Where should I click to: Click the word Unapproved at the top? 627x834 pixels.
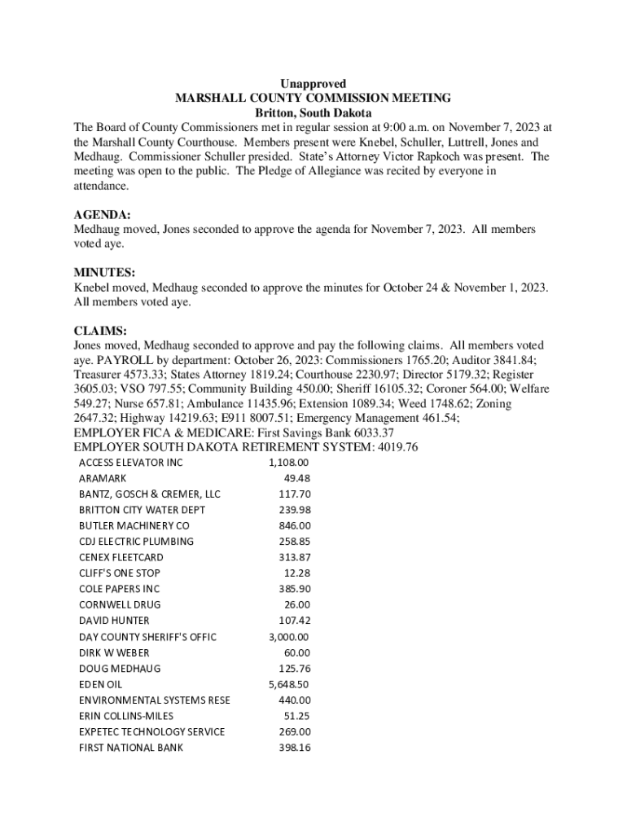313,84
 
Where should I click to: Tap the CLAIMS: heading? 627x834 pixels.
100,331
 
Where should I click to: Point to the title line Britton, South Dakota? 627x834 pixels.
313,112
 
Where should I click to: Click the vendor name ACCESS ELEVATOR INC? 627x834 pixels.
131,463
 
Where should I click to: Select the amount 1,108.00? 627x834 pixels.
288,463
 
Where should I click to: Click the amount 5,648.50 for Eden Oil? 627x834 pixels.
288,684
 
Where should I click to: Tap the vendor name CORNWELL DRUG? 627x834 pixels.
120,604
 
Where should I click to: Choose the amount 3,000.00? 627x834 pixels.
288,637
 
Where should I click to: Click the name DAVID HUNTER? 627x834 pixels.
115,621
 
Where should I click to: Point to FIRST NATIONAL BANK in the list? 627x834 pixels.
131,748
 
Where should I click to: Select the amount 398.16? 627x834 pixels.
294,748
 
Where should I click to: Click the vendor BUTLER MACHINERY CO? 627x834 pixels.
134,525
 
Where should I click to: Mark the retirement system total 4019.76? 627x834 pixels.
395,447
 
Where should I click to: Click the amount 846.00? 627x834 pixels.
294,525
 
